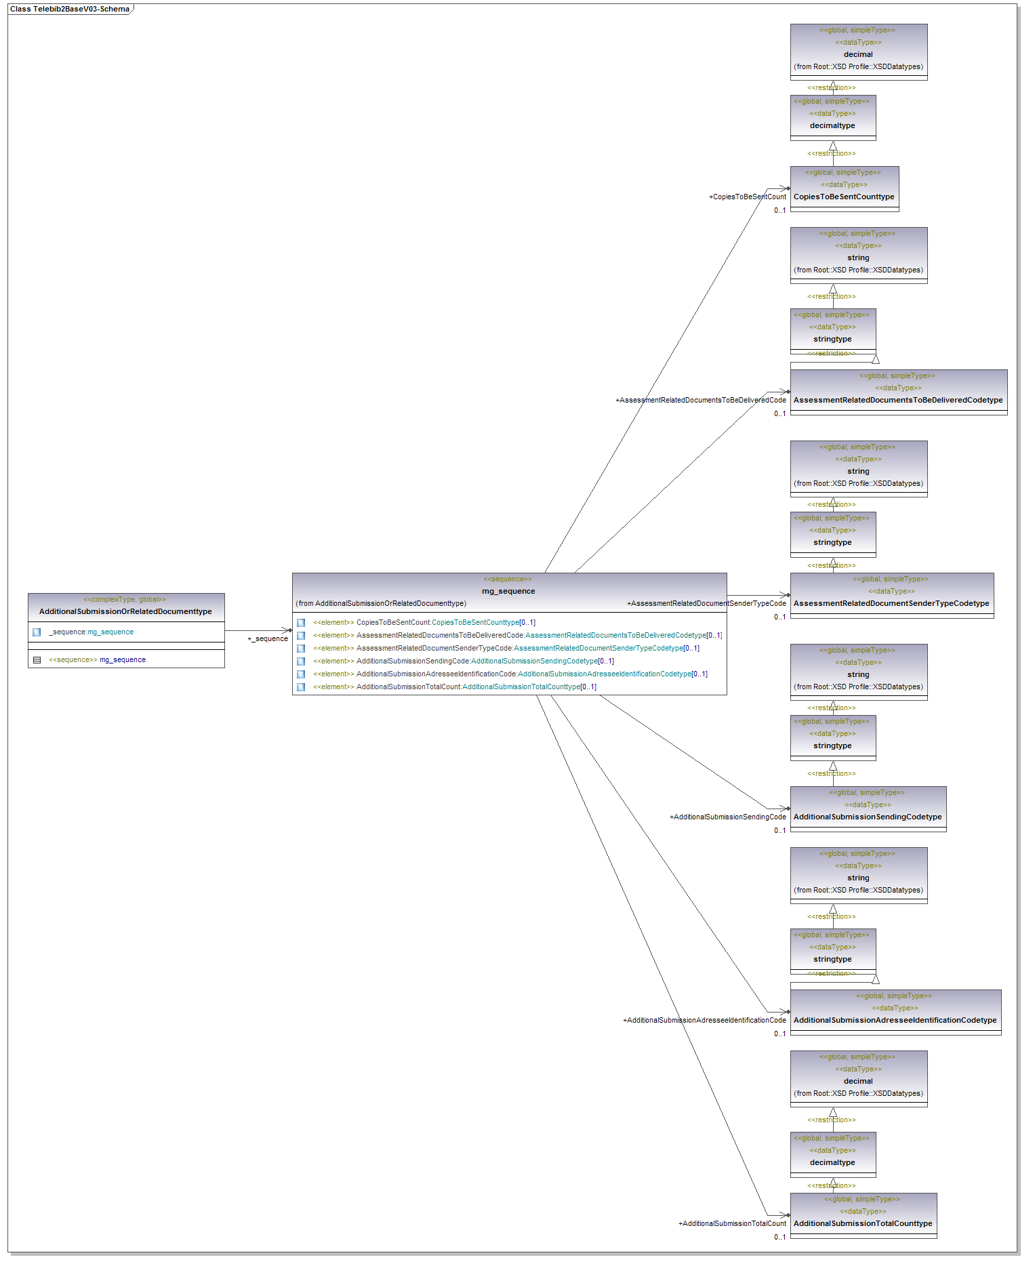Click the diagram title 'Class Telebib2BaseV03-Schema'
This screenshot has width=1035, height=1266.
[x=69, y=9]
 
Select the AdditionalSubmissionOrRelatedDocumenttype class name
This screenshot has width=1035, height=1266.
[x=125, y=611]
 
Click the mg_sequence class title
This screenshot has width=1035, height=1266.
[x=508, y=591]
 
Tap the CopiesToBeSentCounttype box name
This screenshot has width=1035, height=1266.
[x=844, y=197]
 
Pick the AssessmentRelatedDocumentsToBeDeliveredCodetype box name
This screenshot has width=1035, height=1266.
[x=898, y=400]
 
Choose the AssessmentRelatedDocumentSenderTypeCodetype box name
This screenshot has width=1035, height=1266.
[x=891, y=603]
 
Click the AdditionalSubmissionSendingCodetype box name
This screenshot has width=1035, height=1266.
[x=868, y=817]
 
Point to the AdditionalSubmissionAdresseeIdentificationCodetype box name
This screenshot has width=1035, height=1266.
[x=895, y=1020]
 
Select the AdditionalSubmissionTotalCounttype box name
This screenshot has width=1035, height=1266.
[x=863, y=1223]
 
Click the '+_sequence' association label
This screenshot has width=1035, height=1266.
[x=268, y=639]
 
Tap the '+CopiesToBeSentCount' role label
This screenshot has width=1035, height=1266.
[x=748, y=197]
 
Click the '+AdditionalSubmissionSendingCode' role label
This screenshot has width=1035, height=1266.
[x=728, y=817]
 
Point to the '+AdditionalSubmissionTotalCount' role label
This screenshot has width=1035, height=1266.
[x=732, y=1223]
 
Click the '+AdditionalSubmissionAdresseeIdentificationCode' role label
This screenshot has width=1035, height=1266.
[x=704, y=1020]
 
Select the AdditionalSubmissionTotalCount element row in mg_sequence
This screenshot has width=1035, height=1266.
[x=454, y=687]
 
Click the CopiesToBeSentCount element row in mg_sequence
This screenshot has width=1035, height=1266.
[x=424, y=623]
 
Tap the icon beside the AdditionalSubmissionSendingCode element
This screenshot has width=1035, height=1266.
[x=301, y=661]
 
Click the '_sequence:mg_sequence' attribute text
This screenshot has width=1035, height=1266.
[x=92, y=632]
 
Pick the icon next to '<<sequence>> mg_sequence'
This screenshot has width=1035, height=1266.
[x=37, y=660]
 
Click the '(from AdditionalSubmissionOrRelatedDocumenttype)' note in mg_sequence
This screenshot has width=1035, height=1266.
[x=381, y=603]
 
